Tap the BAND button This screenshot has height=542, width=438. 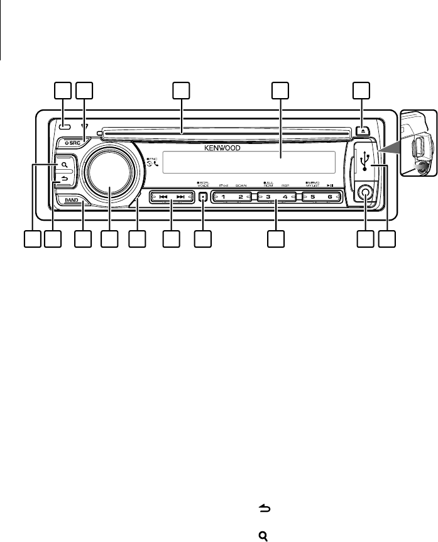point(70,201)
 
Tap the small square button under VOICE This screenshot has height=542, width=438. point(202,197)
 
